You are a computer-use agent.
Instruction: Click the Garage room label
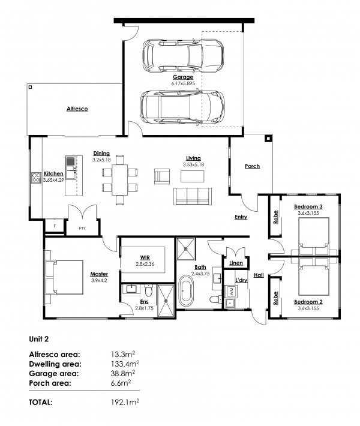pos(183,77)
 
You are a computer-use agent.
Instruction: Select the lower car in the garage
pos(180,107)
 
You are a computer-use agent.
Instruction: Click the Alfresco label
pos(77,109)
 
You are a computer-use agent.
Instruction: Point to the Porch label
pos(253,166)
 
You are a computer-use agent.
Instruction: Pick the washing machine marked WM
pos(229,290)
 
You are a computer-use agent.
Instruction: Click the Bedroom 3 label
pos(306,207)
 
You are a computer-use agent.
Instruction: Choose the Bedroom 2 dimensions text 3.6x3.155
pos(307,308)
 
